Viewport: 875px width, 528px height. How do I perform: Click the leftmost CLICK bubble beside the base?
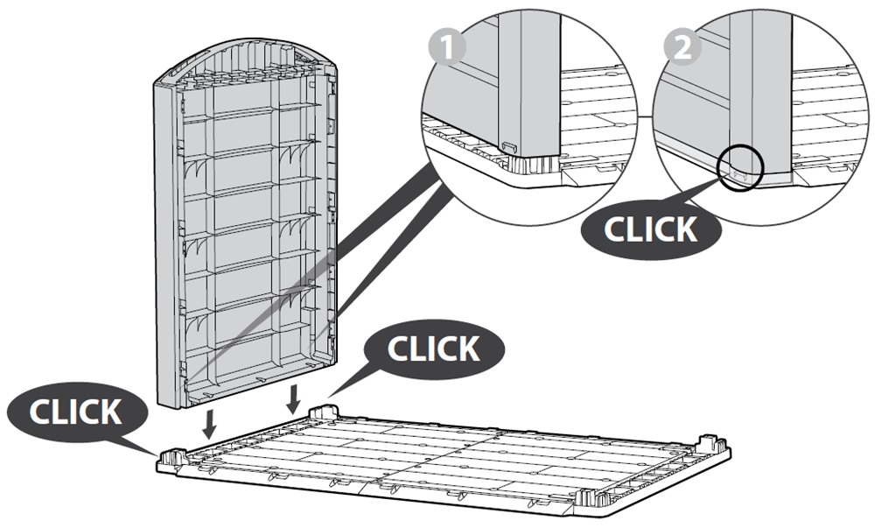(75, 412)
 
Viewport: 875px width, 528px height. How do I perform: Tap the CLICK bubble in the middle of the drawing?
(434, 348)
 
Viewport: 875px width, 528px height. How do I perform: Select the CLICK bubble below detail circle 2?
(651, 229)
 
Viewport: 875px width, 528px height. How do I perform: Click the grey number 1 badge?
(446, 47)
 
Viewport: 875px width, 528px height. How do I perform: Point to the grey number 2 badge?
(682, 47)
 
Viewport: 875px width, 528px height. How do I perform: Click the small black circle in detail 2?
(740, 167)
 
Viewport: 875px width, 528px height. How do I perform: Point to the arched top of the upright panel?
(246, 62)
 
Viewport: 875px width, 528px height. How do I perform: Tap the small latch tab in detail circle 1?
(510, 147)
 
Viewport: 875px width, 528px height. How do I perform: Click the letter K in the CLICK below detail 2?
(686, 229)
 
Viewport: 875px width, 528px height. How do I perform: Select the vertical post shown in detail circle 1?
(529, 84)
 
